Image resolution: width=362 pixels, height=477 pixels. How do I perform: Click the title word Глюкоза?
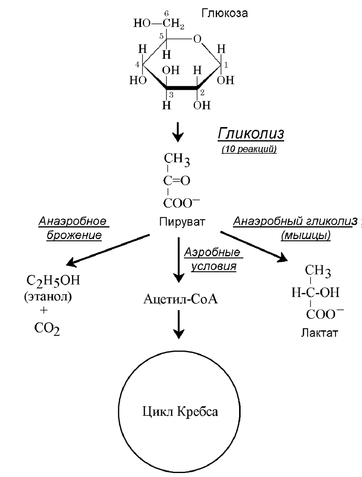tap(225, 14)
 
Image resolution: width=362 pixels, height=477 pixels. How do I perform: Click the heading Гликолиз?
tap(250, 134)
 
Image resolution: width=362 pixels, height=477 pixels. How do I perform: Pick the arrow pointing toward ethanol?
tap(107, 249)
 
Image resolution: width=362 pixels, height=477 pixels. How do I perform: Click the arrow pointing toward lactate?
tap(255, 246)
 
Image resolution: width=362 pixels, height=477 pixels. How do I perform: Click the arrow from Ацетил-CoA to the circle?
tap(179, 324)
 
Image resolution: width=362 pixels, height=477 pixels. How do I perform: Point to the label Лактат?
tap(319, 332)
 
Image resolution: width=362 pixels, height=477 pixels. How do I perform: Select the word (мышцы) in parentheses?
tap(306, 235)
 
